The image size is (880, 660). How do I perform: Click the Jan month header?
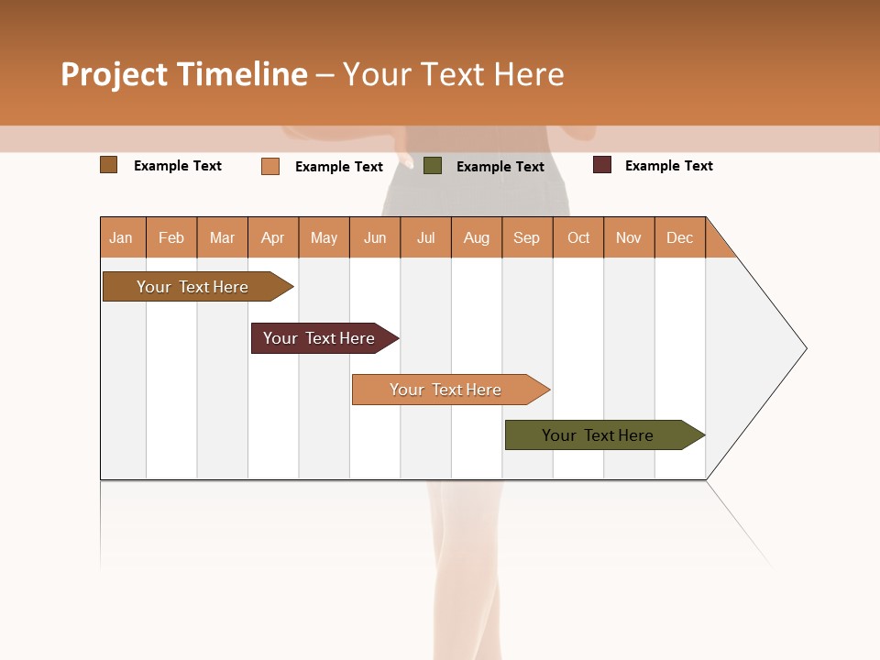121,237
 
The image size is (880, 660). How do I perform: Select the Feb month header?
171,237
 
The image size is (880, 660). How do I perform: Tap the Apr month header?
273,237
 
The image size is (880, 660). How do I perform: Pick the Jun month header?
375,237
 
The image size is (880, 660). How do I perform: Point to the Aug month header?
477,237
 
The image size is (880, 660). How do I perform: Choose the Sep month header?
527,237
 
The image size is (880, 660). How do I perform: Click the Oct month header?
578,237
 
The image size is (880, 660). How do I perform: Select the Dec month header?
680,237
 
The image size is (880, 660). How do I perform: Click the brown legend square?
109,165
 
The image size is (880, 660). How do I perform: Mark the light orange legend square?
270,166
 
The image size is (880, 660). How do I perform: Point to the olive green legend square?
433,166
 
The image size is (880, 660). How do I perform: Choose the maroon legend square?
602,165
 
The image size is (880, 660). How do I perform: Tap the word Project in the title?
114,74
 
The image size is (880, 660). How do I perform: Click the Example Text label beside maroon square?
669,166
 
